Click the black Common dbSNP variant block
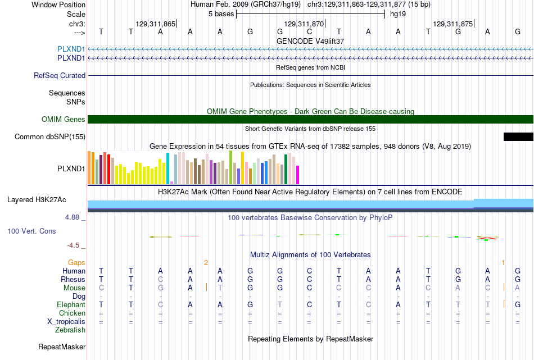click(x=518, y=137)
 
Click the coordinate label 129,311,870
click(x=304, y=24)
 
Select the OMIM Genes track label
click(x=64, y=120)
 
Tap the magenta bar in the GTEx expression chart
click(x=298, y=175)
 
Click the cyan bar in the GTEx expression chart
click(x=168, y=168)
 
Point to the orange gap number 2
click(x=206, y=263)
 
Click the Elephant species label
click(x=71, y=304)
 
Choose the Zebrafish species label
click(x=70, y=330)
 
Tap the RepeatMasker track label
click(x=62, y=347)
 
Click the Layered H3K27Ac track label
click(x=37, y=200)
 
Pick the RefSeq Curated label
click(x=60, y=76)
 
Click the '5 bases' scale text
click(x=221, y=14)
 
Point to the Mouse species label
click(x=74, y=288)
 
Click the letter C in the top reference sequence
click(x=309, y=31)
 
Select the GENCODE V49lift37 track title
click(x=310, y=41)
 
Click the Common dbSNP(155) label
click(x=50, y=137)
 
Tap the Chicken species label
click(x=72, y=313)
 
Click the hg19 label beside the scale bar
click(x=398, y=14)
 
